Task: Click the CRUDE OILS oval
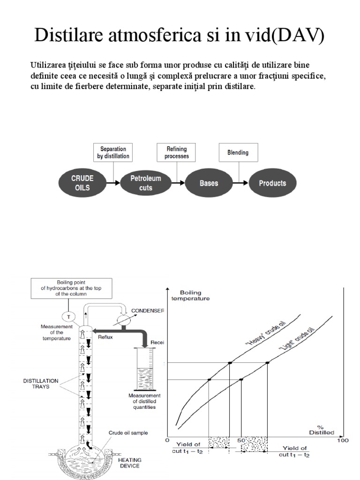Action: (82, 183)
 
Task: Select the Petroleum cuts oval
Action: (146, 183)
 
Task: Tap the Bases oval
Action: (209, 183)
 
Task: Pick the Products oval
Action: (272, 183)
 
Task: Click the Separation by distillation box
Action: (112, 153)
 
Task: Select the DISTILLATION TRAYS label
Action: (41, 383)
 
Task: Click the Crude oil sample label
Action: (128, 433)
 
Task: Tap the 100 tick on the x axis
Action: (343, 441)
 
